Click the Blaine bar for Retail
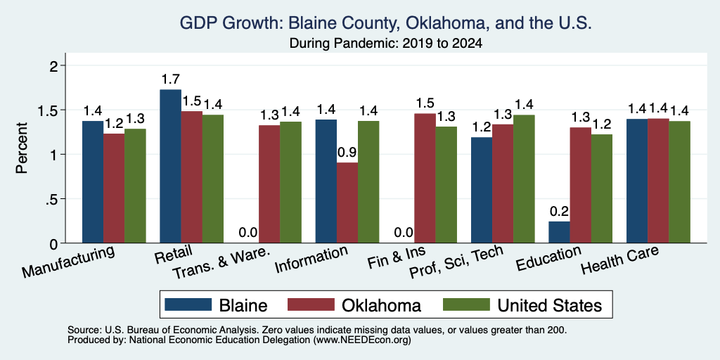[x=170, y=166]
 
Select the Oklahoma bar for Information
[x=347, y=202]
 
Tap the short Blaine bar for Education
[x=559, y=232]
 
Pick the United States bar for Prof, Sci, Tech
[x=524, y=179]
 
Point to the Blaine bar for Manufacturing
[x=92, y=182]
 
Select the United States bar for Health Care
[x=680, y=182]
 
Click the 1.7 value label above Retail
[x=170, y=79]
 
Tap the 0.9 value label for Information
[x=347, y=153]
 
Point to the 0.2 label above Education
[x=559, y=212]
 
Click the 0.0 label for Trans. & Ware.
[x=248, y=233]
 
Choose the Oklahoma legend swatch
[x=311, y=304]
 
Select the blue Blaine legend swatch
[x=188, y=304]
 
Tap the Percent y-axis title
[x=22, y=148]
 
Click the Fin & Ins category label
[x=397, y=259]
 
